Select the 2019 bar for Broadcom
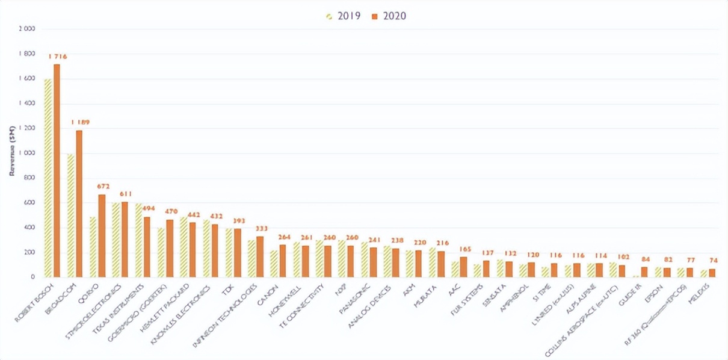coord(70,215)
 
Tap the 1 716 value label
coord(58,57)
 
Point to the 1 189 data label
coord(80,122)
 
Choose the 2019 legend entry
coord(342,16)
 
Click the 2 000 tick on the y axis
coord(27,29)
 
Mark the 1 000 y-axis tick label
coord(27,153)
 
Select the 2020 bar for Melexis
coord(713,273)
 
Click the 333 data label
coord(262,229)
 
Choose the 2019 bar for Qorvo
coord(93,247)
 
